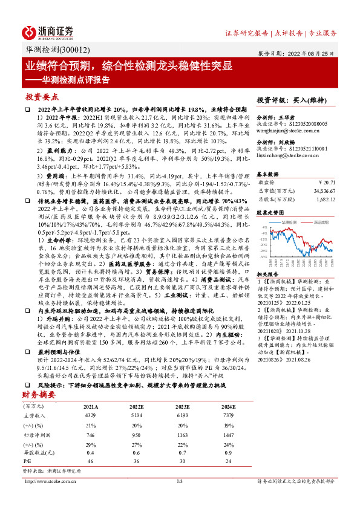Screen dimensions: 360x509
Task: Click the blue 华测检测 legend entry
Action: click(x=290, y=222)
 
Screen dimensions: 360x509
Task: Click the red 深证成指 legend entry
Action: click(x=319, y=222)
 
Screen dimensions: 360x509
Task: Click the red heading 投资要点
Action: click(x=42, y=97)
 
